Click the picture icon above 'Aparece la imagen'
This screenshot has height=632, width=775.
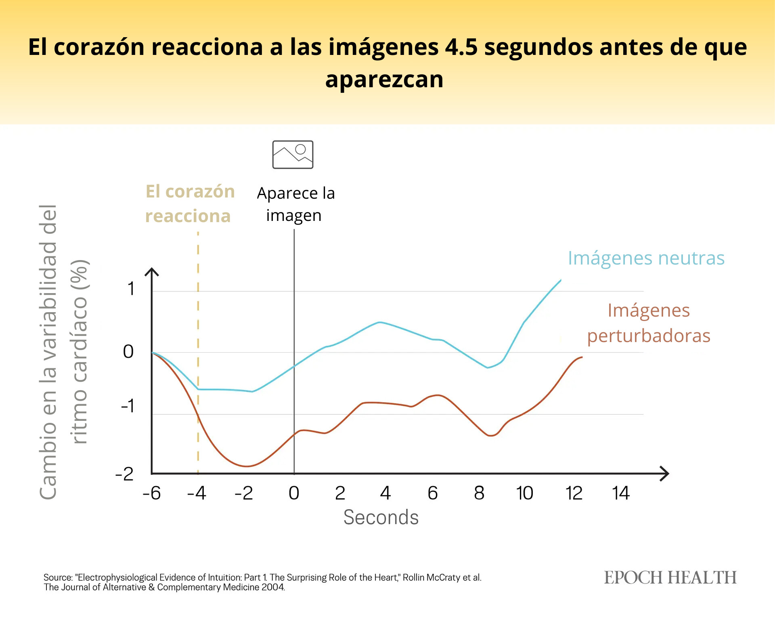point(293,155)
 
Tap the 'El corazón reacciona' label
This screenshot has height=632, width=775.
point(189,204)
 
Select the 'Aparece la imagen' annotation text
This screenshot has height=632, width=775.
point(295,204)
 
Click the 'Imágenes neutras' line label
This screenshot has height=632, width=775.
point(646,258)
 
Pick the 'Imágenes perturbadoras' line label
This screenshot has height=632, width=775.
point(648,323)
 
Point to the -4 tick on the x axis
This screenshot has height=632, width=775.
point(197,493)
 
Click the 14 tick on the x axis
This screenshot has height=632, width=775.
point(620,493)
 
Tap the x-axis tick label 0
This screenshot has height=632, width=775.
point(294,493)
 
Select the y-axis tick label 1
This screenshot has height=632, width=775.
point(131,289)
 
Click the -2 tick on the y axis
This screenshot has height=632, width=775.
point(124,473)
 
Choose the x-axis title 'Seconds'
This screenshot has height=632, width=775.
point(381,517)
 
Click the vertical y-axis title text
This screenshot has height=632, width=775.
point(64,351)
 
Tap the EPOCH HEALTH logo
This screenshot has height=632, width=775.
point(670,577)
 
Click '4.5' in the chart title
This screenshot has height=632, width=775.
point(461,47)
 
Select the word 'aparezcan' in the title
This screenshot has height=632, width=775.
point(384,79)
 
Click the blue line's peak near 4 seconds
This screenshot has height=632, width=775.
point(379,322)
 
